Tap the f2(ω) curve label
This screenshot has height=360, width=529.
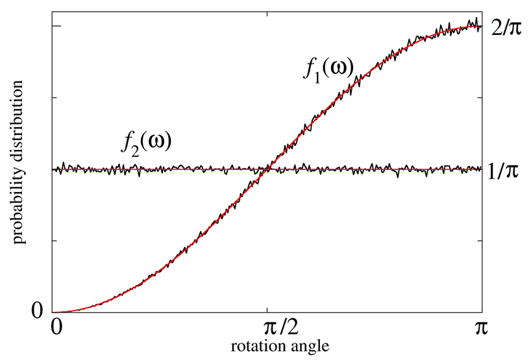click(x=147, y=140)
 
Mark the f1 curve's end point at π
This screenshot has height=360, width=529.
click(x=481, y=27)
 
